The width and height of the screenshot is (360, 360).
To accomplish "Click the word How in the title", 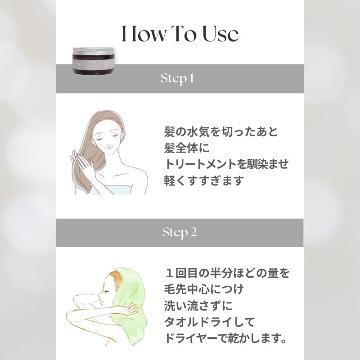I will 144,34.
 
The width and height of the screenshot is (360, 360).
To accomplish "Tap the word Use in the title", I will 217,34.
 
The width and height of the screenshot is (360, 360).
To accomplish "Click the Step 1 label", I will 177,78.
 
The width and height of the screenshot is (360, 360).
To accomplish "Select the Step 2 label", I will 180,232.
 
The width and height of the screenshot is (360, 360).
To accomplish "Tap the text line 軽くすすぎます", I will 203,180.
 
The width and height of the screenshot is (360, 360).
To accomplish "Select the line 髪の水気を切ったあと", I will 221,132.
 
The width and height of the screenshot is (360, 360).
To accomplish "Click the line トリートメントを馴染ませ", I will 225,164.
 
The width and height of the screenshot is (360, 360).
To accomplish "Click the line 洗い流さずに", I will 198,306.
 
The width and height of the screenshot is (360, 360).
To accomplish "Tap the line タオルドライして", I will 210,322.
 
